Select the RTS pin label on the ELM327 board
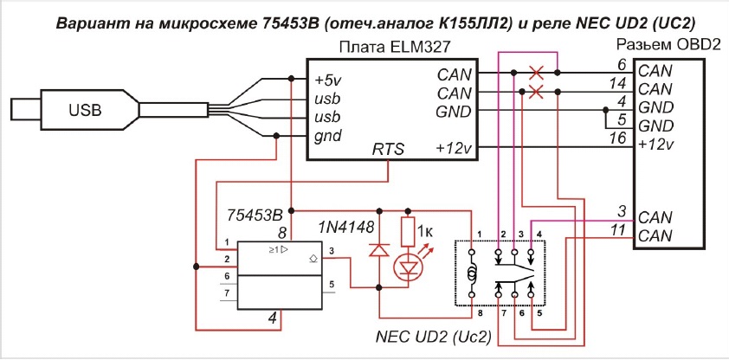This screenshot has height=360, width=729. pyautogui.click(x=387, y=150)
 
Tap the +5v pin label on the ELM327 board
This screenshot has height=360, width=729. pyautogui.click(x=330, y=79)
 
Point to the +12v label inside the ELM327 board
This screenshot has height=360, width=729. pyautogui.click(x=455, y=150)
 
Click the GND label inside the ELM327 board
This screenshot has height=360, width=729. pyautogui.click(x=454, y=112)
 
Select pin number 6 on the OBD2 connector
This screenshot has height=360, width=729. pyautogui.click(x=621, y=65)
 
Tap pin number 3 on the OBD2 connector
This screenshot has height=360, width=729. pyautogui.click(x=621, y=209)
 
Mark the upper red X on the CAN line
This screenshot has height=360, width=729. pyautogui.click(x=537, y=73)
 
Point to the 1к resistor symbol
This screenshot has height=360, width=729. pyautogui.click(x=409, y=231)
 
